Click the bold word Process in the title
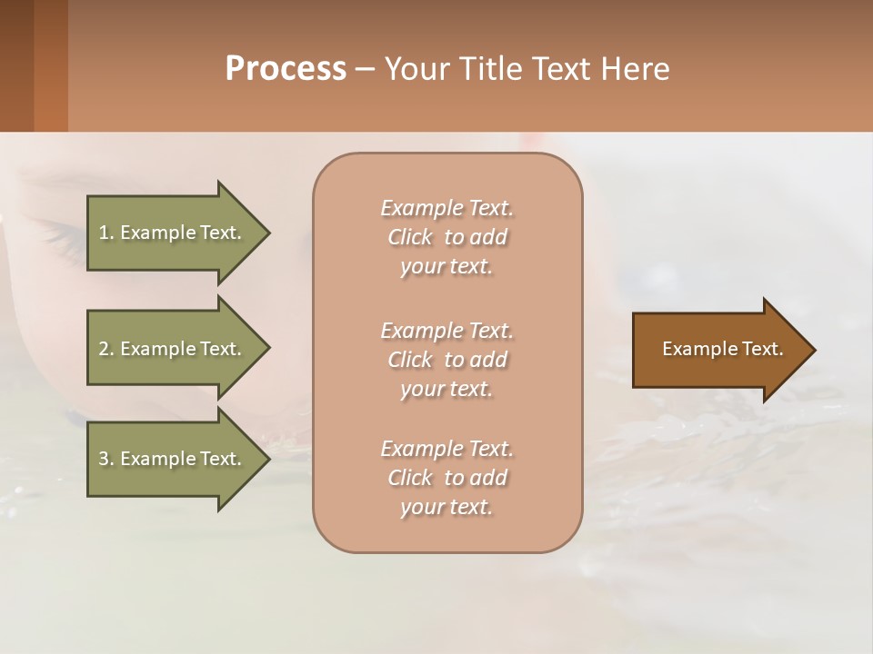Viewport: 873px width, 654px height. [286, 69]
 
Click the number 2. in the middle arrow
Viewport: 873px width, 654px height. [106, 349]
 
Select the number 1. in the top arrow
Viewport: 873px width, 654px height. [106, 233]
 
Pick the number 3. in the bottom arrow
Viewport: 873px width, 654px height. [106, 459]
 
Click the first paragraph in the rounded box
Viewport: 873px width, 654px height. [447, 237]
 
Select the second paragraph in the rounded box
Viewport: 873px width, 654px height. [447, 360]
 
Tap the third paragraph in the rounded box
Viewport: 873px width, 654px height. [447, 478]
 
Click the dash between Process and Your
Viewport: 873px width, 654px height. [365, 70]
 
